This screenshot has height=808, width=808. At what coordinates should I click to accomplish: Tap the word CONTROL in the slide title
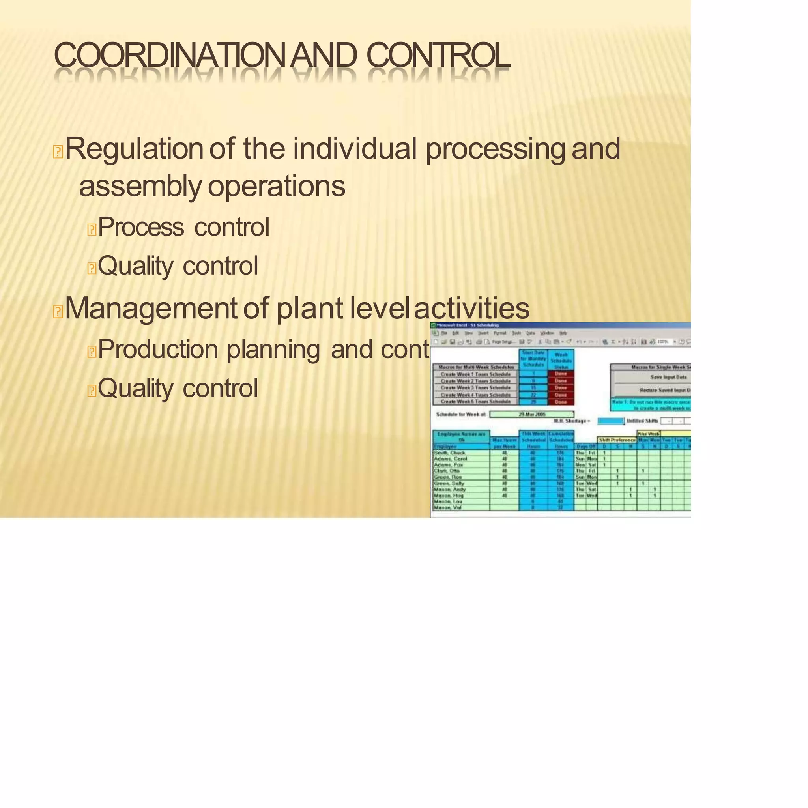point(438,55)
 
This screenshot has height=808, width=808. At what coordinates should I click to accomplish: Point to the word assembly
point(140,187)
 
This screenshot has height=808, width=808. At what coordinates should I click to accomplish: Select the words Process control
point(183,227)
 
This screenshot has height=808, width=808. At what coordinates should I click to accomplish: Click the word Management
point(151,308)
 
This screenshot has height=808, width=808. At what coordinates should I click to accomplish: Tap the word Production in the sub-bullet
point(158,349)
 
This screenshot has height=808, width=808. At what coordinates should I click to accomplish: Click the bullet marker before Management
point(58,312)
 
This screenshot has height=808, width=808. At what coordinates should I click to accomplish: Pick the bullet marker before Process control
point(92,229)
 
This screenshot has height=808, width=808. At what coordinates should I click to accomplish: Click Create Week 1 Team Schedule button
point(475,374)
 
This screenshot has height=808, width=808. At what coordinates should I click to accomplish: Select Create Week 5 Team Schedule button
point(475,402)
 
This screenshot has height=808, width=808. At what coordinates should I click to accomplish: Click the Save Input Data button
point(668,377)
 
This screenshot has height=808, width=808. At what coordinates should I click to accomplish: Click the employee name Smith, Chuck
point(450,453)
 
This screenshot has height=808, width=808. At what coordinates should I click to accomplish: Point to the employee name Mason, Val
point(447,507)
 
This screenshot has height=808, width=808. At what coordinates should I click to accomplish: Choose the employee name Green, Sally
point(449,483)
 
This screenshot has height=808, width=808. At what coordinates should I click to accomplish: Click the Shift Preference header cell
point(617,440)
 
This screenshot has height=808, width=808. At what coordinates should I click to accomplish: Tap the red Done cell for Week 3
point(561,388)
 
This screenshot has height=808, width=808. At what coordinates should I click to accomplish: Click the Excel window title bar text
point(467,325)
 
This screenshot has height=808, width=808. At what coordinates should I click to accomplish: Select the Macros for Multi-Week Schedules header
point(476,367)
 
